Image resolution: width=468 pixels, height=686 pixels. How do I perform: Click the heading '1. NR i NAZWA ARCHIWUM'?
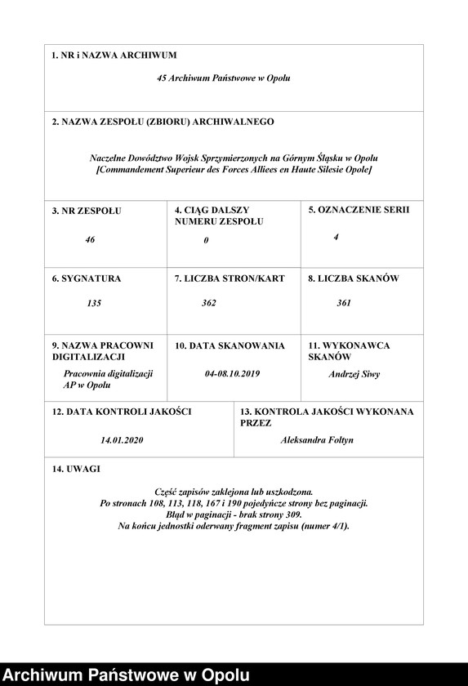pyautogui.click(x=114, y=56)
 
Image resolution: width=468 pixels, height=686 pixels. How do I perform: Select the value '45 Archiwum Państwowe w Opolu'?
pyautogui.click(x=224, y=78)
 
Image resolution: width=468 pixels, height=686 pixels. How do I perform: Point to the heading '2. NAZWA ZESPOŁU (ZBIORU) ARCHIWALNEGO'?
pyautogui.click(x=163, y=122)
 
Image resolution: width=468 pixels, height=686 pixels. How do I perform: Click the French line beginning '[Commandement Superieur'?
pyautogui.click(x=234, y=169)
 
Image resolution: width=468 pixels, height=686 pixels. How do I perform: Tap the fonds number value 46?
pyautogui.click(x=90, y=240)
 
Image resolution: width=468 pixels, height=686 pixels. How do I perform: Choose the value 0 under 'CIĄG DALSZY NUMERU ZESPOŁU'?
pyautogui.click(x=207, y=240)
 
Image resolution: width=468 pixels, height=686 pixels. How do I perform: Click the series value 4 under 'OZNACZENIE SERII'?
pyautogui.click(x=336, y=237)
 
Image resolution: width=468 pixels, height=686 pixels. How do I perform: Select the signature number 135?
pyautogui.click(x=94, y=303)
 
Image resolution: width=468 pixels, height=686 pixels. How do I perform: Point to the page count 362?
pyautogui.click(x=209, y=303)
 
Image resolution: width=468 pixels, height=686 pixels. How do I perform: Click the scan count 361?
pyautogui.click(x=344, y=303)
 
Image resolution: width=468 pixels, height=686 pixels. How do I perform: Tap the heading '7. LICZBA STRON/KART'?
pyautogui.click(x=230, y=278)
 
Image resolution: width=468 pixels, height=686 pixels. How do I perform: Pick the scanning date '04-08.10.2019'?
pyautogui.click(x=232, y=374)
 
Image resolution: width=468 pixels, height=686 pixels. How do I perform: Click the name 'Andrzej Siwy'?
pyautogui.click(x=354, y=374)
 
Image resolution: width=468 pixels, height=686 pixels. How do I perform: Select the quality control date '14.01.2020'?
pyautogui.click(x=123, y=440)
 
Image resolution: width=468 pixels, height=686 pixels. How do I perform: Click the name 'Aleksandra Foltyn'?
pyautogui.click(x=317, y=440)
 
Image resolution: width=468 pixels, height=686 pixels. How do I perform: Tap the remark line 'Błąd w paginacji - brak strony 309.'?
pyautogui.click(x=234, y=514)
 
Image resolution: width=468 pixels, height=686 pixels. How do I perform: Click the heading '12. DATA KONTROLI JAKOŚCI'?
pyautogui.click(x=122, y=412)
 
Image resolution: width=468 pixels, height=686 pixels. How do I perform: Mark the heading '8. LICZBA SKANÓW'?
pyautogui.click(x=354, y=278)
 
